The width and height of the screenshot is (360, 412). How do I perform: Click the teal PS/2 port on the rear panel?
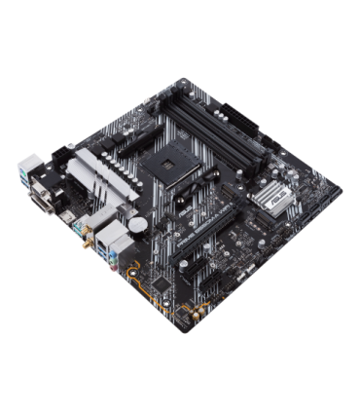coord(25,169)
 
